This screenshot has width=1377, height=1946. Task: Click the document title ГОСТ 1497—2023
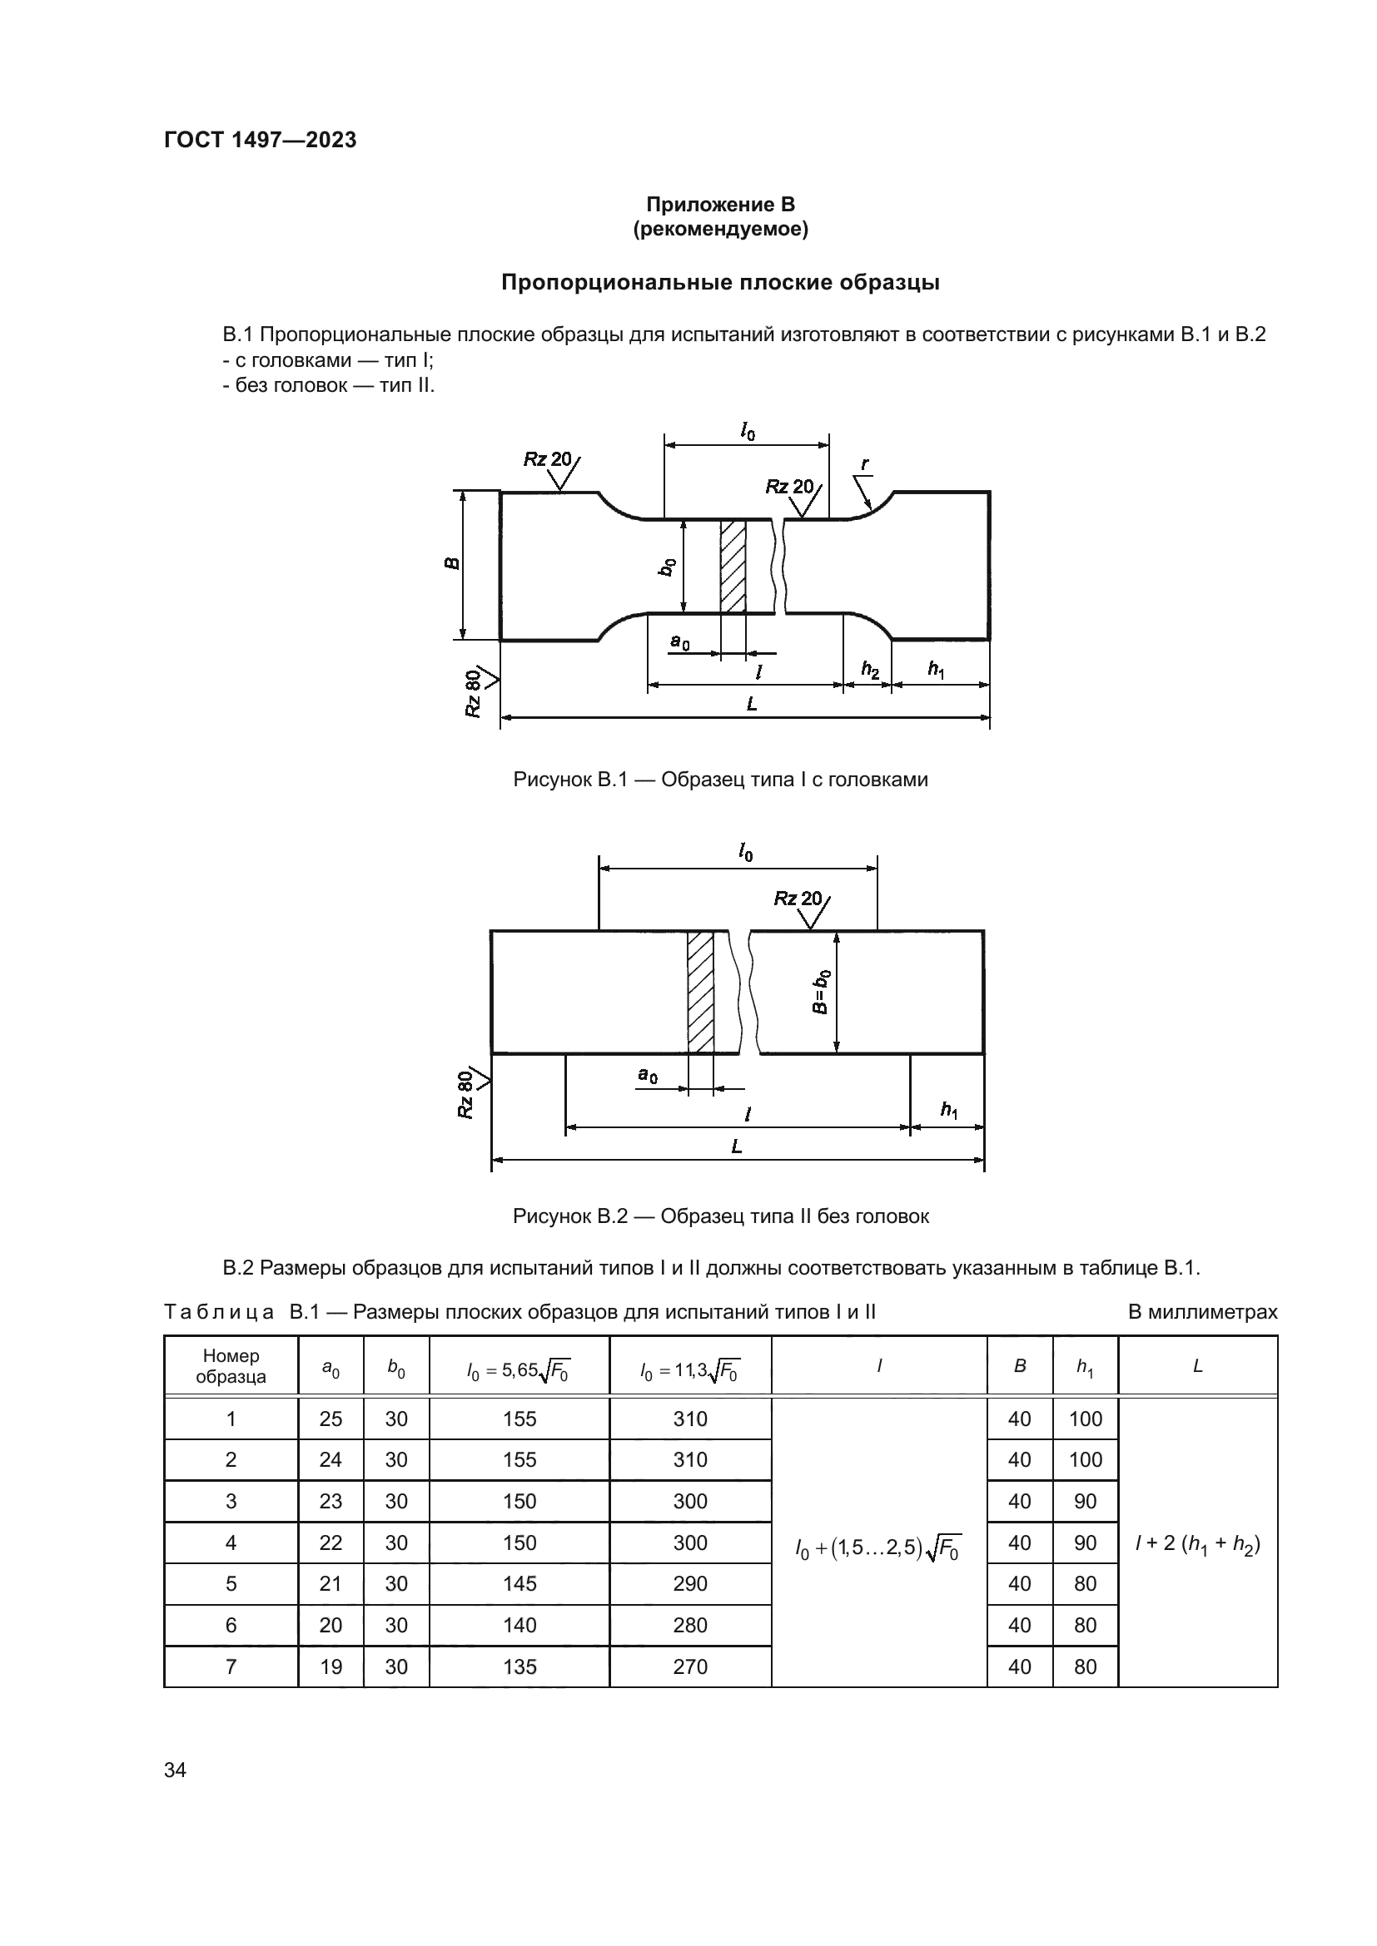260,140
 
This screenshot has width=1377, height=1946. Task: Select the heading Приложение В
720,205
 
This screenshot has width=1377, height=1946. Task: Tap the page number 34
175,1769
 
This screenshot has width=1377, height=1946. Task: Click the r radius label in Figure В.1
864,464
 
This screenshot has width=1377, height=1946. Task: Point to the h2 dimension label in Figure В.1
869,670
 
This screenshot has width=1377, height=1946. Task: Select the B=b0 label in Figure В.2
820,992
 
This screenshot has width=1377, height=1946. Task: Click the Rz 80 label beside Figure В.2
465,1094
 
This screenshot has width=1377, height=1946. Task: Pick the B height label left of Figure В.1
453,563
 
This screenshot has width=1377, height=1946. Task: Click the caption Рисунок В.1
720,779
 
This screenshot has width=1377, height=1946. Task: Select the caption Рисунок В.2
721,1216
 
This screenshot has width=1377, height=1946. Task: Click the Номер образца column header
231,1365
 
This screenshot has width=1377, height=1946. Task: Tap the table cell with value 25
331,1419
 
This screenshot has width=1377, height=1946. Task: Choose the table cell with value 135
519,1667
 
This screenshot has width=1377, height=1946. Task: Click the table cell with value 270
689,1667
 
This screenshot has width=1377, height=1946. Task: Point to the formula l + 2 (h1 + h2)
1197,1543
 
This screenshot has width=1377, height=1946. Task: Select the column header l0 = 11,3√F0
689,1366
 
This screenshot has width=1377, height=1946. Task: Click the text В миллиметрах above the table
1202,1312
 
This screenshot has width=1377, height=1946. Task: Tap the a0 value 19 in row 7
331,1667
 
